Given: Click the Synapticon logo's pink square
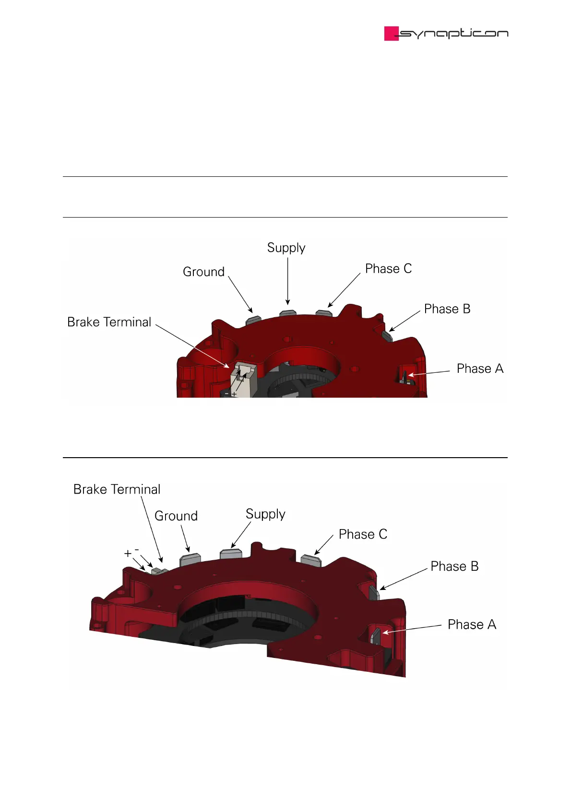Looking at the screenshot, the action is pyautogui.click(x=391, y=34).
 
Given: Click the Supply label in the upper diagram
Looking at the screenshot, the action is pyautogui.click(x=286, y=248).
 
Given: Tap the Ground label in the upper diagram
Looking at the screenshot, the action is pyautogui.click(x=203, y=272).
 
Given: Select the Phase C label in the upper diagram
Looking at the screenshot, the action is pyautogui.click(x=388, y=268).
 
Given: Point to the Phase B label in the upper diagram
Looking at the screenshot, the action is pyautogui.click(x=447, y=309).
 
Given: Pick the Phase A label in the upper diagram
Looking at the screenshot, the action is pyautogui.click(x=480, y=369).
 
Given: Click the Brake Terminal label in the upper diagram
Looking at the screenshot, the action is pyautogui.click(x=109, y=322).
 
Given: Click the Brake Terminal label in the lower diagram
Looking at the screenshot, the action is pyautogui.click(x=117, y=489).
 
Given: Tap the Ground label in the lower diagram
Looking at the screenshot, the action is pyautogui.click(x=176, y=516).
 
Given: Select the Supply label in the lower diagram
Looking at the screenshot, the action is pyautogui.click(x=265, y=514).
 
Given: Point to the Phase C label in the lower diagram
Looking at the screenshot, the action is pyautogui.click(x=363, y=534).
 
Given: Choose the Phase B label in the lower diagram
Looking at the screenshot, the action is pyautogui.click(x=454, y=566).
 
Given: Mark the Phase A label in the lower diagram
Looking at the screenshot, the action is pyautogui.click(x=472, y=624).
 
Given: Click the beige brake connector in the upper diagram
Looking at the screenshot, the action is pyautogui.click(x=242, y=381).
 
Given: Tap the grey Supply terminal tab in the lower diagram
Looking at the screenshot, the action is pyautogui.click(x=231, y=554).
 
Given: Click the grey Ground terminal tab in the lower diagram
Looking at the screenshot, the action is pyautogui.click(x=190, y=559).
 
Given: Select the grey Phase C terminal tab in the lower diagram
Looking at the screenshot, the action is pyautogui.click(x=310, y=560).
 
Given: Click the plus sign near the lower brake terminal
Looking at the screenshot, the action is pyautogui.click(x=128, y=553).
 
